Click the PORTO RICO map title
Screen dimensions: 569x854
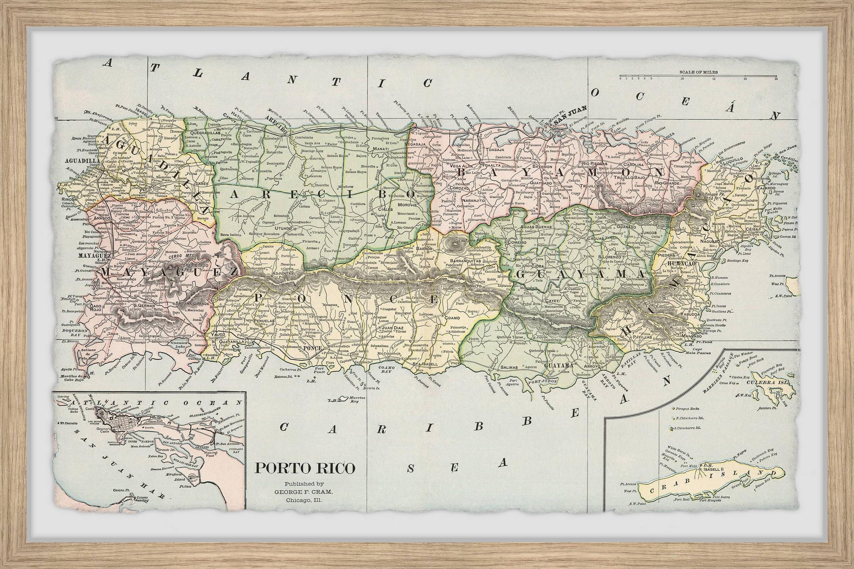(x=305, y=478)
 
